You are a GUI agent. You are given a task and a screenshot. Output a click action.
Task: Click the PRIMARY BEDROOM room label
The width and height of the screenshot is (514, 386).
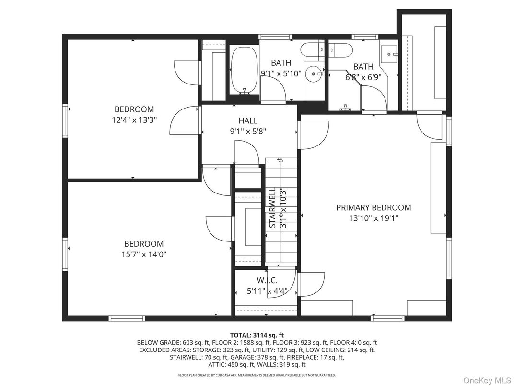(374, 208)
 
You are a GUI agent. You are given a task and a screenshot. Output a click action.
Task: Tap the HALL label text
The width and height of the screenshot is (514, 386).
(248, 121)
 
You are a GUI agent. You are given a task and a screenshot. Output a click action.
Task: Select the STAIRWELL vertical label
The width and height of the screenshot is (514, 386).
(272, 207)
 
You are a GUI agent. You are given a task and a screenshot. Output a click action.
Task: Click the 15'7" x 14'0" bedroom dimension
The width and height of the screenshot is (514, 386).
(144, 254)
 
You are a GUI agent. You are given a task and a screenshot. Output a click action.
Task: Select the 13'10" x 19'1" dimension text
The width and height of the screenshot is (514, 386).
(374, 218)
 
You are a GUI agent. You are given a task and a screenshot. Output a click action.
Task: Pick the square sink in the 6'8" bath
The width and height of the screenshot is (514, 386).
(390, 54)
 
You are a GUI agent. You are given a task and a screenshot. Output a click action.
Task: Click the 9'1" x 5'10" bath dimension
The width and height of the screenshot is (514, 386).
(281, 73)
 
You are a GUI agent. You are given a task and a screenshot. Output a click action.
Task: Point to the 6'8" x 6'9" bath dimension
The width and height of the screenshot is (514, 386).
(363, 77)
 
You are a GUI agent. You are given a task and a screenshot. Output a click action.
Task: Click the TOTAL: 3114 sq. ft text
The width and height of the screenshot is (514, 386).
(257, 335)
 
